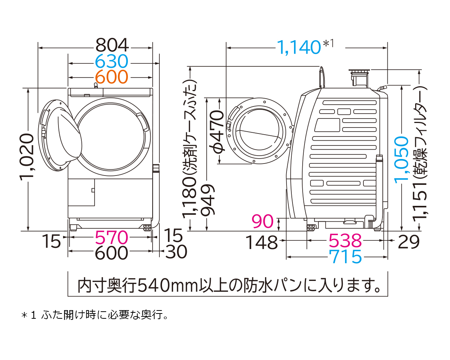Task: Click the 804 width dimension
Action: (x=112, y=46)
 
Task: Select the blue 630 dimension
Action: (x=112, y=61)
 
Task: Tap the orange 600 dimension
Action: (x=112, y=76)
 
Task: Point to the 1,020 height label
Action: (x=28, y=157)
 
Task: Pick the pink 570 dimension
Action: (x=112, y=237)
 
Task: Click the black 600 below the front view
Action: (x=112, y=253)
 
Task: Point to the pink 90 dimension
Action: (x=262, y=222)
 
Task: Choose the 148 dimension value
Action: (x=261, y=243)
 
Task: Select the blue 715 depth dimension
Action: (x=345, y=257)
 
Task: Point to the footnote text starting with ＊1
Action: (x=94, y=315)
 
